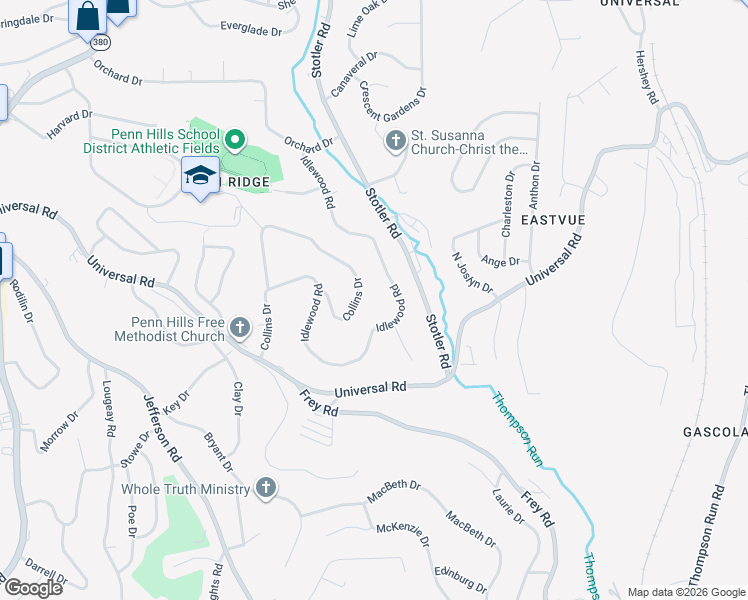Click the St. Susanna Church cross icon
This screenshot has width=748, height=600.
395,140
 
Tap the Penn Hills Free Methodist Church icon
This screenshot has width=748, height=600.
239,328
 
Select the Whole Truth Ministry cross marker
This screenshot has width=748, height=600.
265,488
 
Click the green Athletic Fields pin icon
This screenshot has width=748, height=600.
235,139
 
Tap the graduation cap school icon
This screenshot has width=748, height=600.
200,176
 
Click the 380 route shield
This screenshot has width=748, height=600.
99,43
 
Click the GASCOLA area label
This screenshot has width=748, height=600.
714,432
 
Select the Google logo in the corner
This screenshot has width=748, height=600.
33,587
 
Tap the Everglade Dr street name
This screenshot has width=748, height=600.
251,31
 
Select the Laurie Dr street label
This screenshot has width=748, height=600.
508,507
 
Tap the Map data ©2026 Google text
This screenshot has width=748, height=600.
686,591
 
